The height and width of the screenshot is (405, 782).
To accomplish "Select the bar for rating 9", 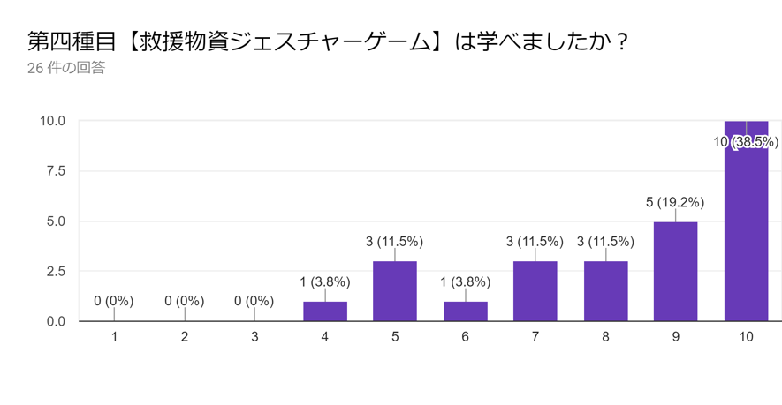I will [x=676, y=272].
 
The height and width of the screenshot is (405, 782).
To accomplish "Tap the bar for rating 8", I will [x=605, y=291].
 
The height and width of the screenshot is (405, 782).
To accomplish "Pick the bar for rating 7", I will [x=535, y=291].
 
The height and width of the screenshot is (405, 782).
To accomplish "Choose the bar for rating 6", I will [x=465, y=311].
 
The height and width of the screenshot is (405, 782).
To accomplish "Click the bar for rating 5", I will [x=395, y=291].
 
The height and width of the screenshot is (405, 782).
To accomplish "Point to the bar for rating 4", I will [x=324, y=311].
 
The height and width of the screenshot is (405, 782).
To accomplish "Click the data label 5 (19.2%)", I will [x=676, y=201].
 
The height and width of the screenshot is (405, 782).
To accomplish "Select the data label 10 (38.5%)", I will [x=746, y=141].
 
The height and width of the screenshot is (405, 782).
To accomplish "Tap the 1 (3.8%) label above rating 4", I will [x=324, y=281].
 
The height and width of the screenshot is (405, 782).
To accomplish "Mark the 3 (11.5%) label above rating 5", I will [x=395, y=241].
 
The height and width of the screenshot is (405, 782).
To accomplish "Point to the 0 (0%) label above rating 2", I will [x=184, y=301].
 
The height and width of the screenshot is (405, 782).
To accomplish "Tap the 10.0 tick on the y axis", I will [x=51, y=121].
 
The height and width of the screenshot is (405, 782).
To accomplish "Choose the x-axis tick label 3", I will [x=254, y=337].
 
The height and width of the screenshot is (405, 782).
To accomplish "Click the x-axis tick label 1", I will [x=114, y=337].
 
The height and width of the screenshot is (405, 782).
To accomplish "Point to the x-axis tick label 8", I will [x=605, y=337].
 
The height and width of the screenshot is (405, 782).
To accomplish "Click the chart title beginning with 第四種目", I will [x=327, y=41].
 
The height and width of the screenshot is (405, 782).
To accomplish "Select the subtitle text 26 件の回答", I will [x=66, y=67].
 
